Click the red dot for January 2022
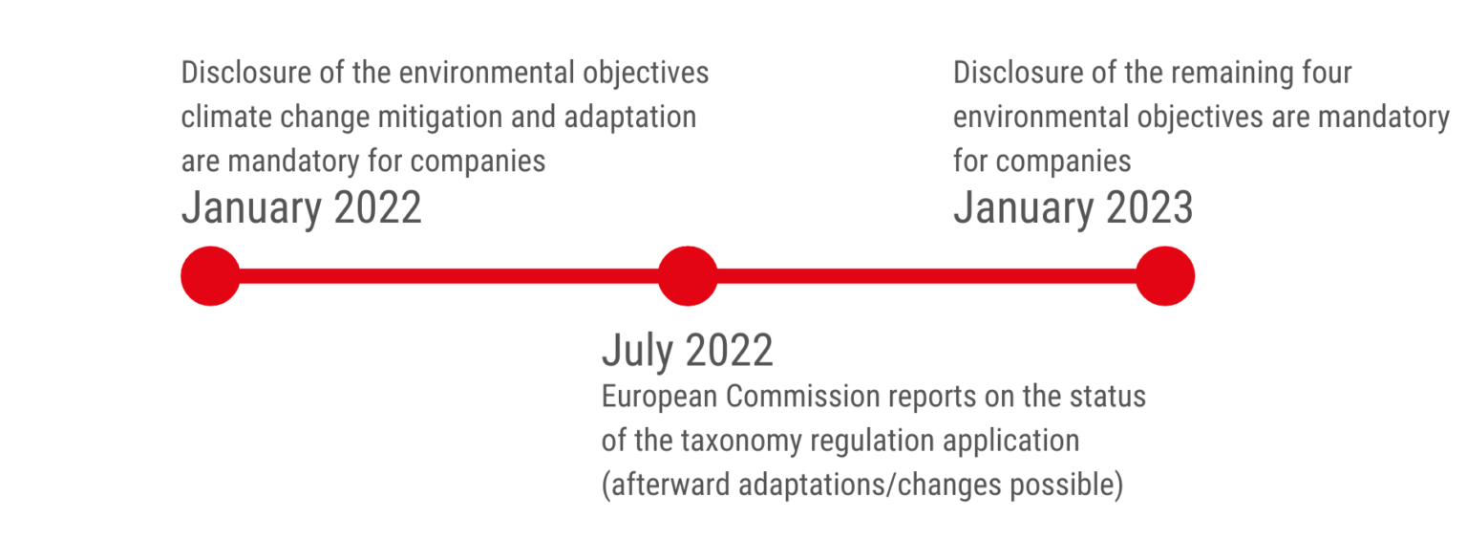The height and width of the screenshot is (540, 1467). coord(210,276)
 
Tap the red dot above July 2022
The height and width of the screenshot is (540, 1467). coord(688,276)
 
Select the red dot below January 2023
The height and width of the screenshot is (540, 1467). coord(1165,276)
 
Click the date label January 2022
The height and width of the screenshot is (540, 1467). coord(301,207)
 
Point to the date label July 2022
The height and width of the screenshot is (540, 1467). coord(687,351)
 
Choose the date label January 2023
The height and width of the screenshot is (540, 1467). coord(1073,207)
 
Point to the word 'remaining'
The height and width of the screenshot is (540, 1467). coord(1231,73)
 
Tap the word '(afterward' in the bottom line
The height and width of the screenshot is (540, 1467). coord(667,485)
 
